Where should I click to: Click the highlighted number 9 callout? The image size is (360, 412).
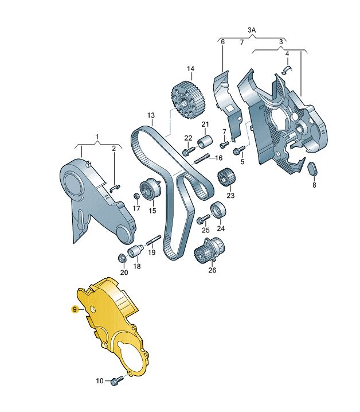tap(75, 309)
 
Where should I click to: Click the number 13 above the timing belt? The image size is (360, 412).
tap(151, 115)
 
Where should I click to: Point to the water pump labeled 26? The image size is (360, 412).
tap(210, 251)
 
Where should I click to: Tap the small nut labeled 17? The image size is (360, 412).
tap(136, 196)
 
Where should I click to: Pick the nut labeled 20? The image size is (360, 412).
tap(123, 258)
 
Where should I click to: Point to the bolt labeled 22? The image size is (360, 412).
tap(189, 151)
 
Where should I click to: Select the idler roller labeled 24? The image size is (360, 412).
tap(218, 210)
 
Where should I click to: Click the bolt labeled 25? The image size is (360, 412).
tap(204, 219)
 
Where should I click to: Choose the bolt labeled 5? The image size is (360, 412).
tap(239, 150)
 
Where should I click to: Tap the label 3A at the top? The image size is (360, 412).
tap(251, 30)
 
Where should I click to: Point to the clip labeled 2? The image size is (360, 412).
tap(115, 188)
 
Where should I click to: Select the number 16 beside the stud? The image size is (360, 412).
tap(219, 158)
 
